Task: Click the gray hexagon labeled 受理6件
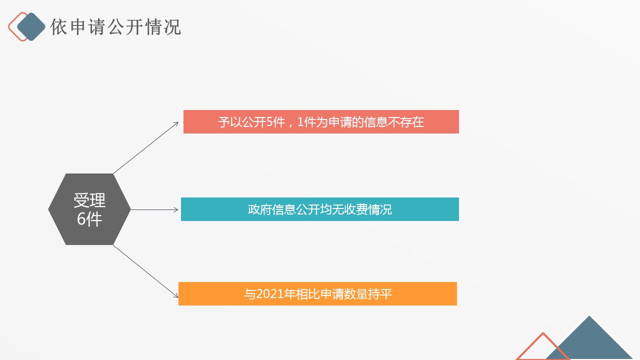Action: (89, 209)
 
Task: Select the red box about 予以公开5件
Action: (321, 121)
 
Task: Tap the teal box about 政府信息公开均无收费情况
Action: (320, 209)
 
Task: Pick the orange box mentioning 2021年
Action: (317, 293)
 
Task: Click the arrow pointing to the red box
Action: (146, 147)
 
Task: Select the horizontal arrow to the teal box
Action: (154, 209)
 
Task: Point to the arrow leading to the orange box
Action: (146, 271)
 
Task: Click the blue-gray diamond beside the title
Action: (31, 26)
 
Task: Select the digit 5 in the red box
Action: (269, 122)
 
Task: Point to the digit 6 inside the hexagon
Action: (81, 219)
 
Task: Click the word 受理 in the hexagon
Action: (89, 200)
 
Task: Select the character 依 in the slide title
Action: (58, 27)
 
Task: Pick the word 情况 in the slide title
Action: (163, 27)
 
